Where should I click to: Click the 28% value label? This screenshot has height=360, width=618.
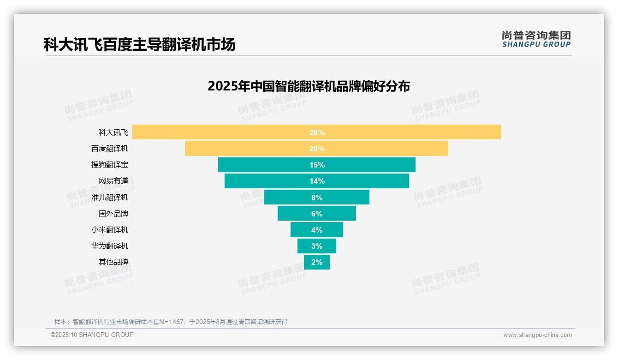click(x=317, y=132)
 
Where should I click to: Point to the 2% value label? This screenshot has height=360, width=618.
click(x=317, y=262)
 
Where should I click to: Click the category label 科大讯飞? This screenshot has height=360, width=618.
click(x=113, y=132)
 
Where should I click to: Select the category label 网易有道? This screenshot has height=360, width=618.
click(x=113, y=181)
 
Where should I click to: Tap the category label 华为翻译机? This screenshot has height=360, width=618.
click(x=110, y=246)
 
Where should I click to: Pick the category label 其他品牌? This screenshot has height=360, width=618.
click(x=113, y=262)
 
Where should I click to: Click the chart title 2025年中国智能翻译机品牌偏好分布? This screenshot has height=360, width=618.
click(x=309, y=86)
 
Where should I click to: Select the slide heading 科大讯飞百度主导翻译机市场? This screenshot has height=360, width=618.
click(x=139, y=45)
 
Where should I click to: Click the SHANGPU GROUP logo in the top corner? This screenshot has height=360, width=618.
click(x=536, y=39)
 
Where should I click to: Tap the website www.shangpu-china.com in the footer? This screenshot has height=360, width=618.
click(x=537, y=335)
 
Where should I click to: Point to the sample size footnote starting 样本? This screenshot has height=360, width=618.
click(x=171, y=322)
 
